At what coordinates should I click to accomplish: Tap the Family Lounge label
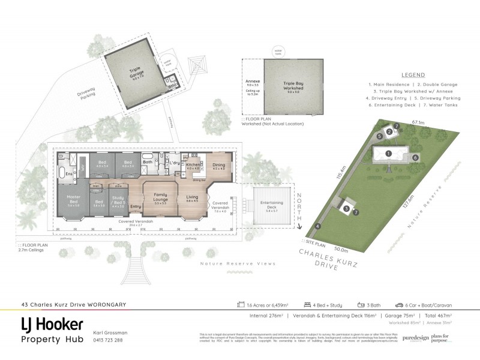(160, 197)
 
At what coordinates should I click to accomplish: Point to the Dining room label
(218, 166)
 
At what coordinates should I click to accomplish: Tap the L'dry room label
(175, 163)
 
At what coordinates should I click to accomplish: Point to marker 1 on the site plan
(388, 154)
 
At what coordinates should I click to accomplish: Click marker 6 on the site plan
(415, 157)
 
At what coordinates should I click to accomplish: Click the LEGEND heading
(413, 75)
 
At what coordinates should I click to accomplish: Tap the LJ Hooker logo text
(52, 325)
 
